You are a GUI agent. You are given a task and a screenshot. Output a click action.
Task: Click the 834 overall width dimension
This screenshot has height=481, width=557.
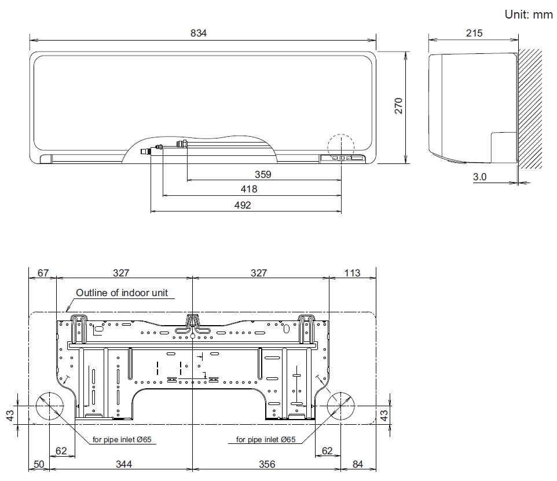coord(198,33)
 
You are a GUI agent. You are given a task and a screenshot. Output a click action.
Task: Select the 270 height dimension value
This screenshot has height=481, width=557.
coord(398,105)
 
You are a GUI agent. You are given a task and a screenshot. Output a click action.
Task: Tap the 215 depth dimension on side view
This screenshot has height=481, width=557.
coord(474,33)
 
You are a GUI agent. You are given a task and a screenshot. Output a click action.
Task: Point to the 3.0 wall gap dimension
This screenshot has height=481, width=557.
coord(479,177)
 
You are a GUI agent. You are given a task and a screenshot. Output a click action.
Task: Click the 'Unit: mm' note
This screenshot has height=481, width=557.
coord(529,14)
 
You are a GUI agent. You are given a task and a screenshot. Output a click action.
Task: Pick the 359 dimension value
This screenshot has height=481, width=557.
coord(263,174)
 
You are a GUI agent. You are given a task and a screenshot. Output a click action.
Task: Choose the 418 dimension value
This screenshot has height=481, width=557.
coord(248,189)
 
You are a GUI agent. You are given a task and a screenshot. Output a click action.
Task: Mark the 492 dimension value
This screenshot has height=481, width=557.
coord(243,205)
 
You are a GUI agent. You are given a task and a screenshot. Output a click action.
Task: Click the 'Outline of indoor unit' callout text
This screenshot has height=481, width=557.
coord(122,293)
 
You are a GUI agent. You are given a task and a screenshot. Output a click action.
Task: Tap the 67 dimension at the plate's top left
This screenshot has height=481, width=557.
coord(43,273)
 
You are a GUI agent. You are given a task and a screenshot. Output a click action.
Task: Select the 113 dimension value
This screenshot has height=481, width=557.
coord(352,273)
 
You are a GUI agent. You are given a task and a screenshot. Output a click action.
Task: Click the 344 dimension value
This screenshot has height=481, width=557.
coord(124,464)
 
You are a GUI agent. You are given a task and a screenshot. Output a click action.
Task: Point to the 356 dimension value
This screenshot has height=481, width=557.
coord(267,464)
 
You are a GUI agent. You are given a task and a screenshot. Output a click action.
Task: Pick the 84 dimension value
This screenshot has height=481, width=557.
coord(358,464)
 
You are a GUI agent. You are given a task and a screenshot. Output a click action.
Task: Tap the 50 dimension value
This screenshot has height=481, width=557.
coord(39,464)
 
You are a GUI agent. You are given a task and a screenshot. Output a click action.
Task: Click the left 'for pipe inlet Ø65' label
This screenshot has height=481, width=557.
coord(122,440)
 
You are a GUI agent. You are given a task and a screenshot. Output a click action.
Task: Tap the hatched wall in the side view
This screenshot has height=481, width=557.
coord(530,109)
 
